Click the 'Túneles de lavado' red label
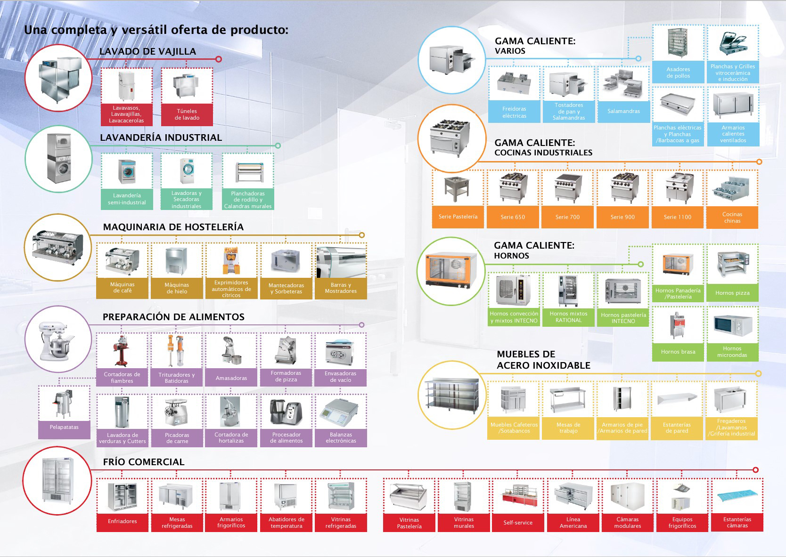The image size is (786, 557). coord(187,114)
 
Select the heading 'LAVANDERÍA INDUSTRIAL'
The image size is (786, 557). coord(161,137)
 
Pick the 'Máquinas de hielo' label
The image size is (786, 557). coord(177,288)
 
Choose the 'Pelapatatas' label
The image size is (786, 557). coord(64,428)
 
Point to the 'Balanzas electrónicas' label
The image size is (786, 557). coord(341,438)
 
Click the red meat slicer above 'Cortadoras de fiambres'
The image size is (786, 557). coord(122,350)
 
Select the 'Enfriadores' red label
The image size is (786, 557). coord(123,522)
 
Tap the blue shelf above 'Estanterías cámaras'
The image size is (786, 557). coord(737,495)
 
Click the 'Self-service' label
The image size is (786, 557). coord(518,523)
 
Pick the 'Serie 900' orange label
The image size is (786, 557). coord(622,217)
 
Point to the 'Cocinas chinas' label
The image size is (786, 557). coord(732,218)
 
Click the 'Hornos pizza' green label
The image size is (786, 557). coord(732,293)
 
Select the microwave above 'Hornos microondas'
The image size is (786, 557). coord(732,325)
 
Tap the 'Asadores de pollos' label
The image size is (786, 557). coord(678,73)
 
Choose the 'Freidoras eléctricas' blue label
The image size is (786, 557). coord(514,112)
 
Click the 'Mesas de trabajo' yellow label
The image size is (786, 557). coord(568,428)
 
